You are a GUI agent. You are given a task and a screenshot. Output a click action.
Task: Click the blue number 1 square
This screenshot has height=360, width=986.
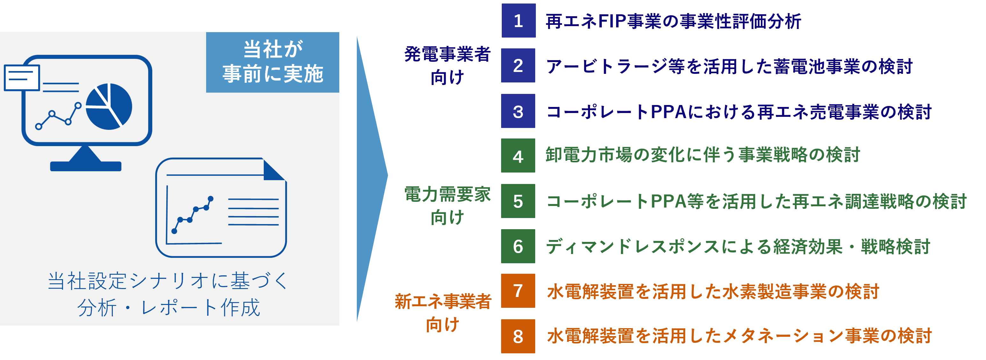pos(518,21)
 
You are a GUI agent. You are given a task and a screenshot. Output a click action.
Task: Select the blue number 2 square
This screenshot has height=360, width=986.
pos(518,66)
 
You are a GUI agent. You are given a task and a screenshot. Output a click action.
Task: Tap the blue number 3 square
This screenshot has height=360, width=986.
pos(518,111)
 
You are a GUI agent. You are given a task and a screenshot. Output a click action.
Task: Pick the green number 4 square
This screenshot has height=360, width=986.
pos(518,156)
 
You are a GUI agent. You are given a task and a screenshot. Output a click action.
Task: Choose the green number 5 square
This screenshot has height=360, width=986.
pos(518,201)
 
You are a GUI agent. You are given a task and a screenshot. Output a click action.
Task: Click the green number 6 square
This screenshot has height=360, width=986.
pos(518,246)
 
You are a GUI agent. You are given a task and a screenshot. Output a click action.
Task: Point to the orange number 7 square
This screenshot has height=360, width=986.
pos(518,291)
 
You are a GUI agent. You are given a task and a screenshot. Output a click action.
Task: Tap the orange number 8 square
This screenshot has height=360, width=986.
pos(518,336)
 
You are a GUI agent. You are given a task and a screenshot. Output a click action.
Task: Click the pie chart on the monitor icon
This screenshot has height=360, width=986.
pos(109,106)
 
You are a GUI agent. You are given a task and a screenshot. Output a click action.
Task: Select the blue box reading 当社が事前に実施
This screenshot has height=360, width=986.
pos(272,62)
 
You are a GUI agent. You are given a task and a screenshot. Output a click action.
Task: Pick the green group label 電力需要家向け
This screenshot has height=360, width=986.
pos(447,205)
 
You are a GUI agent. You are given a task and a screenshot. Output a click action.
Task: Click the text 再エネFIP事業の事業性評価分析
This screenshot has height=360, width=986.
pos(673,21)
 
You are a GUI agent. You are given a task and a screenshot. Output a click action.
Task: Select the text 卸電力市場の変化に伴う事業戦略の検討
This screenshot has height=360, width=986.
pos(703,155)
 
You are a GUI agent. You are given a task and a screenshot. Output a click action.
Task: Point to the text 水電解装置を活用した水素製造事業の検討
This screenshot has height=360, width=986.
pos(713,291)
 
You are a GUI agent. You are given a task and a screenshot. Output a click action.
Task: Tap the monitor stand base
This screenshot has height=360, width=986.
pos(86,166)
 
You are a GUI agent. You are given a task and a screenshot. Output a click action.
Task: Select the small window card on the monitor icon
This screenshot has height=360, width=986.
pos(22,78)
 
